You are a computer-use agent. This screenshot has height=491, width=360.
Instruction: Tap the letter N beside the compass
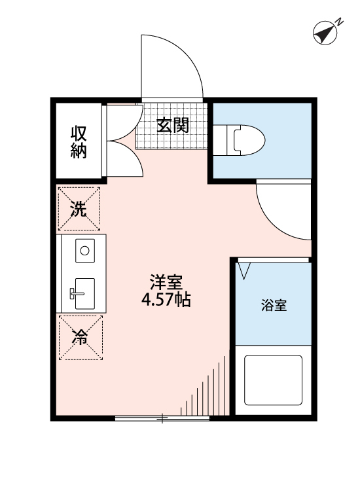tap(340, 22)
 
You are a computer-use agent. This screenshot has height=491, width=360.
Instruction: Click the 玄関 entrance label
tap(173, 124)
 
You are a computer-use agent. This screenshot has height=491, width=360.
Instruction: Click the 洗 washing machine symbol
tap(79, 209)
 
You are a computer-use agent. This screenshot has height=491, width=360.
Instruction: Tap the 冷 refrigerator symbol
tap(79, 338)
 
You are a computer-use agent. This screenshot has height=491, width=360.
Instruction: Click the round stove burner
tap(84, 249)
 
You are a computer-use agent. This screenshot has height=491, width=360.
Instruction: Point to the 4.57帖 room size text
tap(166, 301)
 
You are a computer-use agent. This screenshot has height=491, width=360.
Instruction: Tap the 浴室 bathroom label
tap(274, 305)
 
